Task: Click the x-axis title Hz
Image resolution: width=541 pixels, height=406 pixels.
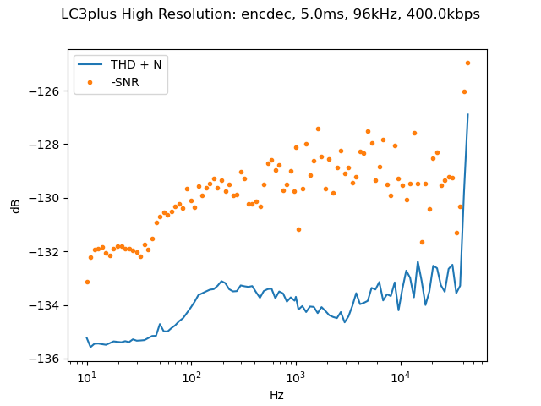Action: (x=276, y=395)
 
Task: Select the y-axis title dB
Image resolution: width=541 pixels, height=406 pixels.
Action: (x=16, y=206)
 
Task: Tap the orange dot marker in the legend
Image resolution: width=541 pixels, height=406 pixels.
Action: (x=93, y=82)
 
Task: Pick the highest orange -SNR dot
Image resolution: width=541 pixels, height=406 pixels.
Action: (x=467, y=63)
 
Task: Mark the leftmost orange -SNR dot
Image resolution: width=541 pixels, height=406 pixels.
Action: (x=87, y=282)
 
